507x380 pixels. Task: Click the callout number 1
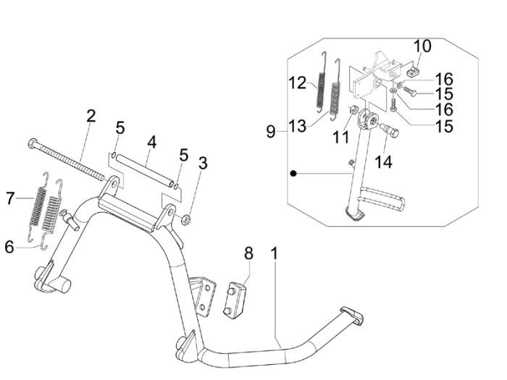[x=275, y=254]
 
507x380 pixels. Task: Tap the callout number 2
[x=91, y=116]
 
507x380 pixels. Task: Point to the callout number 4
[x=151, y=140]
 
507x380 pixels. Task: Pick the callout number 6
[x=9, y=247]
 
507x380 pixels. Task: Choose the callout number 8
[x=248, y=253]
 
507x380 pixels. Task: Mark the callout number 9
[x=270, y=132]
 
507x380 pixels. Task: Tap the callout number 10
[x=422, y=47]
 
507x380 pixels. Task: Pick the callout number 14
[x=383, y=161]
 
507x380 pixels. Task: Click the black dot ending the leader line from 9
[x=293, y=174]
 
